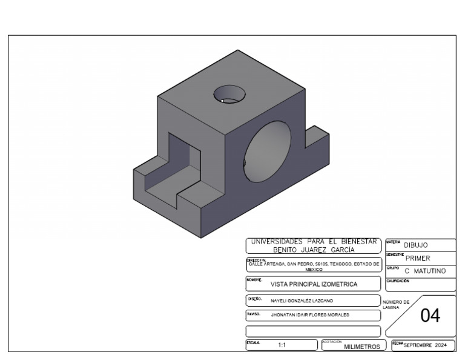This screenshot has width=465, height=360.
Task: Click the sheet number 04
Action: tap(431, 316)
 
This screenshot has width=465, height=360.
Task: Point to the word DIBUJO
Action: tap(417, 245)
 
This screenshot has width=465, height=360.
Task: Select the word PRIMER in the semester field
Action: tap(417, 258)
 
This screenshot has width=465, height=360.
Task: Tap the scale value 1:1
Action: tap(282, 346)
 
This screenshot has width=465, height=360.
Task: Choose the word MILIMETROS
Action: tap(361, 347)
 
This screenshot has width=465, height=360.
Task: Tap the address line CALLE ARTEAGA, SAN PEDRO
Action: tap(314, 265)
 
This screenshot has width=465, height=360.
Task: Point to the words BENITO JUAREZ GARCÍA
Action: tap(313, 250)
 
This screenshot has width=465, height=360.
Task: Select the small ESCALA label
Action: tap(252, 342)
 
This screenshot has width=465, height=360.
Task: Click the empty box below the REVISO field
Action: tap(313, 331)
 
